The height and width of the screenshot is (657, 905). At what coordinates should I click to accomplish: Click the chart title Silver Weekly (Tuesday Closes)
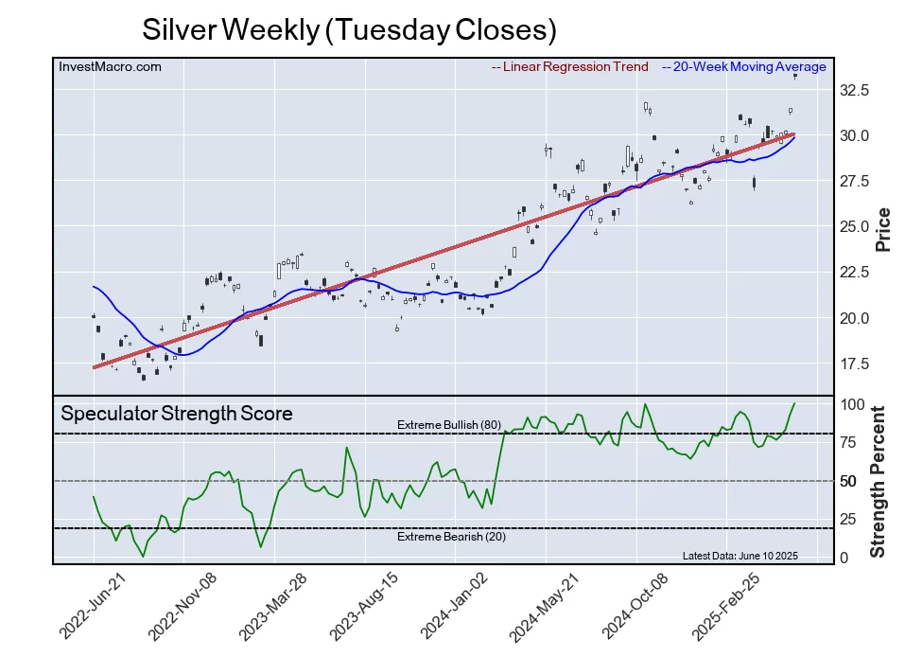pyautogui.click(x=349, y=29)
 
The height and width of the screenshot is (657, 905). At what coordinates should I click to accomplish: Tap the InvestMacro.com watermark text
pyautogui.click(x=110, y=66)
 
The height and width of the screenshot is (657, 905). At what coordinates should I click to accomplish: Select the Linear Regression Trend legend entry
pyautogui.click(x=570, y=66)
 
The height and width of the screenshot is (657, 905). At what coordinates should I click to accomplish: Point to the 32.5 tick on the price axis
pyautogui.click(x=855, y=91)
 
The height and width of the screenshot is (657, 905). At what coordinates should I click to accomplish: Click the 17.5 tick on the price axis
pyautogui.click(x=855, y=364)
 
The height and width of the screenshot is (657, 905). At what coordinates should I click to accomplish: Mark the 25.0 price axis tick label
pyautogui.click(x=855, y=227)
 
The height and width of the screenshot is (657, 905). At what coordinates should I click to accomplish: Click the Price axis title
pyautogui.click(x=883, y=229)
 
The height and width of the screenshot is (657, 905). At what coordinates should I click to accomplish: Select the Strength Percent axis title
pyautogui.click(x=879, y=481)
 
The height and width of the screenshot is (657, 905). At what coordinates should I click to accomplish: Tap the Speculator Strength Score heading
pyautogui.click(x=177, y=413)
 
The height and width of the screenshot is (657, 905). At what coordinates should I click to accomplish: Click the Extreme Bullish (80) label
pyautogui.click(x=449, y=425)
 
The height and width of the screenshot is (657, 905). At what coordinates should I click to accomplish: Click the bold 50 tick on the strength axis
pyautogui.click(x=849, y=481)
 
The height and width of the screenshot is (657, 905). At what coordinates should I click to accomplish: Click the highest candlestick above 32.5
pyautogui.click(x=795, y=76)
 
